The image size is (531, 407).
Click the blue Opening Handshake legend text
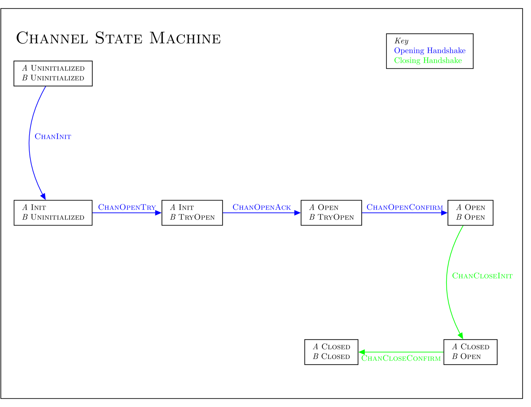(x=429, y=50)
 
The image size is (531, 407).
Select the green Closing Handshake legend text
(x=428, y=60)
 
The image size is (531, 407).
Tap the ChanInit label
(x=53, y=136)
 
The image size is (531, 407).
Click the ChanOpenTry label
(x=127, y=207)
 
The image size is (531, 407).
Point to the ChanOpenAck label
(x=262, y=207)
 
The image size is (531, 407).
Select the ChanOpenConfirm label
(x=404, y=207)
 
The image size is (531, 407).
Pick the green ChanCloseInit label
(x=482, y=276)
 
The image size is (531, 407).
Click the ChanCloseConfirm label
(x=401, y=358)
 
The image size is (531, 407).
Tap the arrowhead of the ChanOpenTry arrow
(x=158, y=213)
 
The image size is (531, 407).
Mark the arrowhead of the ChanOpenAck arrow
(x=297, y=213)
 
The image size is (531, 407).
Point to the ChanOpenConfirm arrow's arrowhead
(x=444, y=213)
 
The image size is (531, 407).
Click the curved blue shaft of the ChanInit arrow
(x=29, y=141)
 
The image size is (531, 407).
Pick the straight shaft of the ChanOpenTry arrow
(x=124, y=213)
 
